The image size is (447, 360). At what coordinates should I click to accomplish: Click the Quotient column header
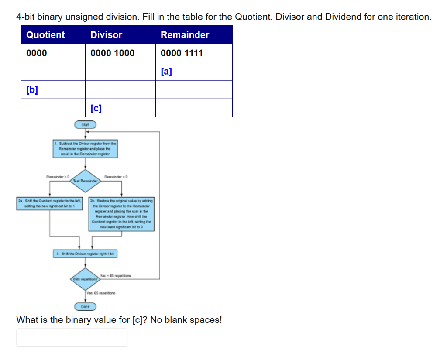coord(45,35)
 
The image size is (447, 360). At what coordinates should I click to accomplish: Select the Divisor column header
coord(107,35)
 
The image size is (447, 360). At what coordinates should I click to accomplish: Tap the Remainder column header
coord(185,35)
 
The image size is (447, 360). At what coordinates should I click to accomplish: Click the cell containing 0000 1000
coord(113,53)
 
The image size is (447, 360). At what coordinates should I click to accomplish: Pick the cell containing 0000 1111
coord(182,53)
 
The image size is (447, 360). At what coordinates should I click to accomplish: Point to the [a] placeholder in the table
coord(166,72)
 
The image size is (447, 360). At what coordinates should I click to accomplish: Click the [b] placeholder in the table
coord(32,90)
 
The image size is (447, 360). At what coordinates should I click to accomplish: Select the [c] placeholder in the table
coord(96,108)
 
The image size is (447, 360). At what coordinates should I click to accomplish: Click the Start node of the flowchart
coord(85,125)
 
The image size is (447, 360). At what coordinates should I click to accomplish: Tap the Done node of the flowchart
coord(85,307)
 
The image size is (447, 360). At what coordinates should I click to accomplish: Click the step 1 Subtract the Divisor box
coord(86,148)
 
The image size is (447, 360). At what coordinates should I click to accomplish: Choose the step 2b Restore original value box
coord(121,214)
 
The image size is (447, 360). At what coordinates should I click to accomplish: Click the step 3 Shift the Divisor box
coord(86,254)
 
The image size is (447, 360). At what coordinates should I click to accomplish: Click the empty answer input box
coord(72,338)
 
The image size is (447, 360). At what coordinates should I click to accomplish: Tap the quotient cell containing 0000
coord(37,53)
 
